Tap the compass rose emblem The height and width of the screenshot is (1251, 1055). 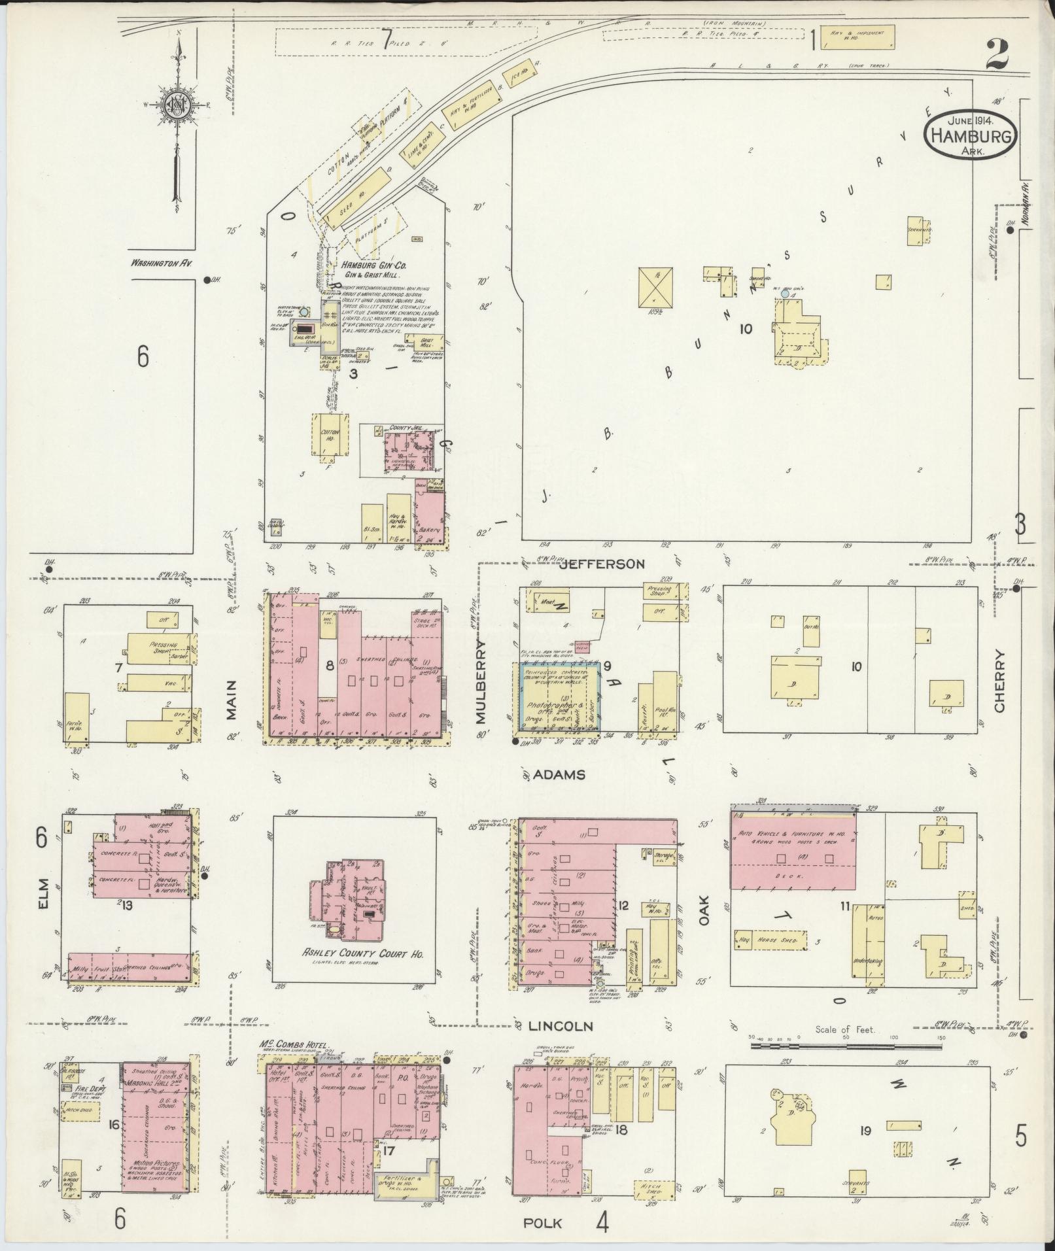coord(176,105)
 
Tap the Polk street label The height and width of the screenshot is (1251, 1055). coord(543,1223)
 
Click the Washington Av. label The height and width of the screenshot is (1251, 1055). coord(164,264)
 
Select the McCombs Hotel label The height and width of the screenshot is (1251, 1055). coord(294,1045)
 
